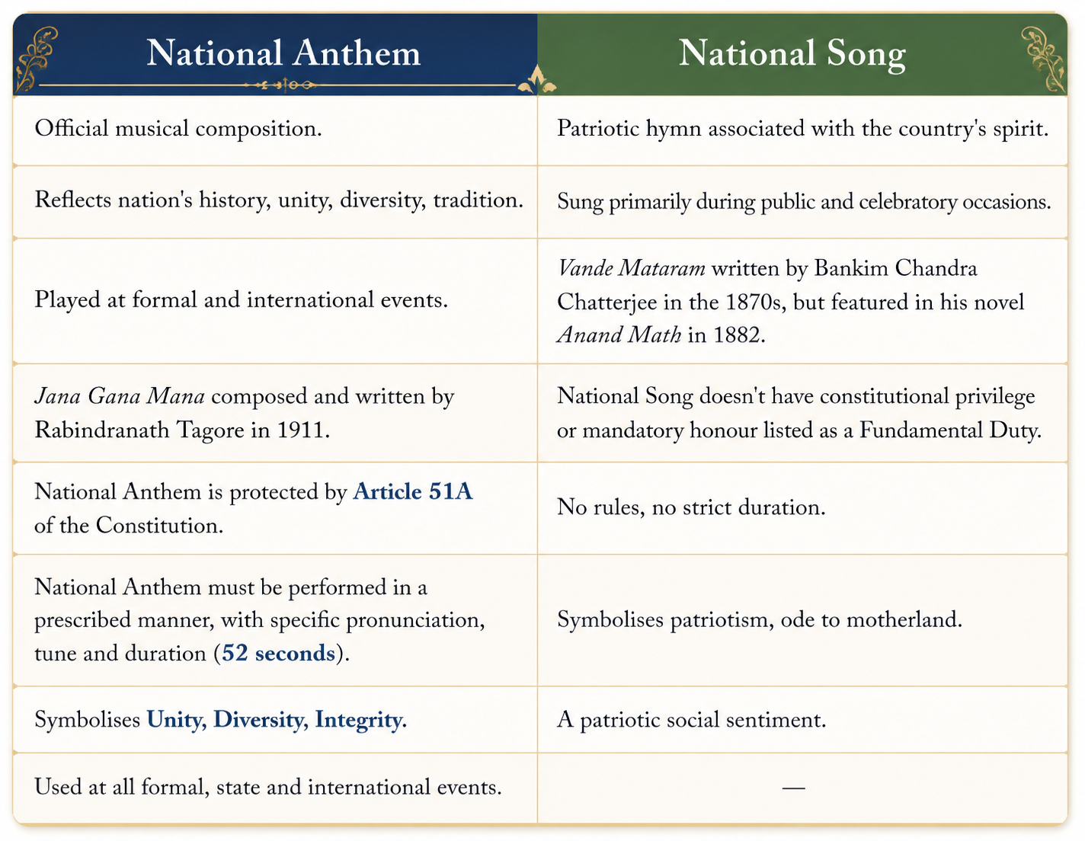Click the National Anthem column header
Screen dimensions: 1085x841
coord(283,53)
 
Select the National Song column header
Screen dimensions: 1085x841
coord(792,54)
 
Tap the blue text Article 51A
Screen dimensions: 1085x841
coord(412,491)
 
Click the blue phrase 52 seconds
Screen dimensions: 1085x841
coord(278,653)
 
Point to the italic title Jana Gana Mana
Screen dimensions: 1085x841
coord(120,396)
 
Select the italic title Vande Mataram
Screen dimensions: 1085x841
coord(631,268)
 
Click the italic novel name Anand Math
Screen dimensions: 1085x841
coord(619,335)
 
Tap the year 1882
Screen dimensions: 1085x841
coord(736,335)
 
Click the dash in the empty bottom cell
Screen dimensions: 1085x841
coord(793,788)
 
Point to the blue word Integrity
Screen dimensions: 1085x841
coord(359,720)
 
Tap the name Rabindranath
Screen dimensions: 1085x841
coord(102,430)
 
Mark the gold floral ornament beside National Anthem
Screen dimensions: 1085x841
coord(36,59)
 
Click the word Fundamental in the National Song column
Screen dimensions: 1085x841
coord(920,430)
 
